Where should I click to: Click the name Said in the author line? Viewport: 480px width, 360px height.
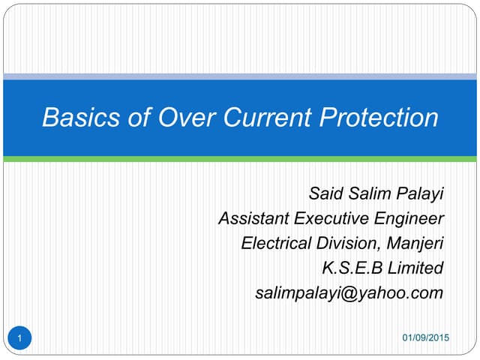(x=326, y=194)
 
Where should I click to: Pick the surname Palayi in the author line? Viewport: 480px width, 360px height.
(x=418, y=194)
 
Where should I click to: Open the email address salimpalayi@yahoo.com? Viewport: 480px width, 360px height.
(x=349, y=292)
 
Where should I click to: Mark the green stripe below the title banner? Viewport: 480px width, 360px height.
(x=240, y=159)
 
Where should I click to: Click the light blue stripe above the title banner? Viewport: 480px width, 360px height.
(x=240, y=76)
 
